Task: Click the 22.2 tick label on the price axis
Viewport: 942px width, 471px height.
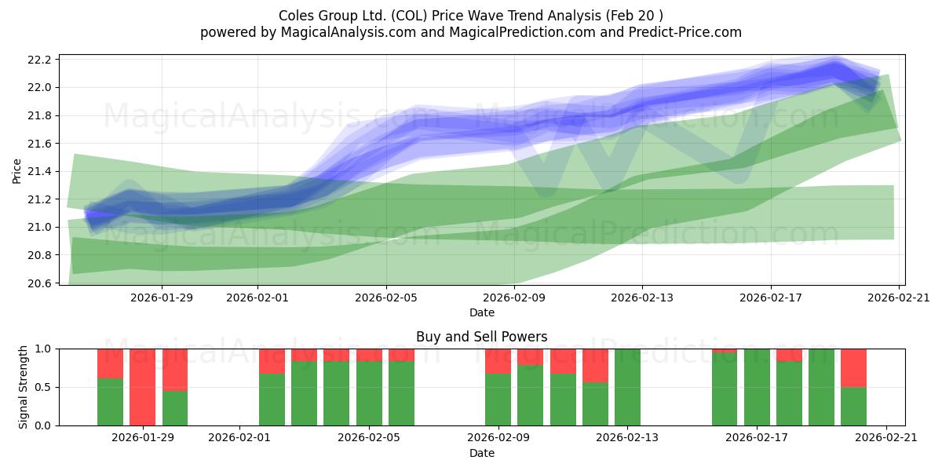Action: coord(39,60)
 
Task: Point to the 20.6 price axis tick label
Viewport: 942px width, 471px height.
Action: coord(39,283)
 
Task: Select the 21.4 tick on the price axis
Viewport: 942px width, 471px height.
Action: coord(39,172)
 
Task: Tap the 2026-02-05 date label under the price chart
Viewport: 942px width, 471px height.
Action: coord(386,298)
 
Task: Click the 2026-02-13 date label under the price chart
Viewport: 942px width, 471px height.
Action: coord(642,298)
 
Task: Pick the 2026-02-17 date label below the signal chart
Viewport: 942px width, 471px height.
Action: coord(757,437)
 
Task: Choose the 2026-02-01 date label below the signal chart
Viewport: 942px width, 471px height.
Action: coord(239,437)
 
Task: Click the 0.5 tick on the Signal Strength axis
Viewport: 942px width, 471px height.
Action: coord(42,387)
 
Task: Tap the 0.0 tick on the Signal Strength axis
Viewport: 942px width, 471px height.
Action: coord(42,425)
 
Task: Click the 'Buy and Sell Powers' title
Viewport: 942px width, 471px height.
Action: coord(481,337)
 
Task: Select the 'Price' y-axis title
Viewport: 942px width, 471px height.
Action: coord(16,171)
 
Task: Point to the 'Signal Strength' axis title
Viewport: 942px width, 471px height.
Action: coord(23,387)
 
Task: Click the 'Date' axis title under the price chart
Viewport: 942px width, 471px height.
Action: coord(482,312)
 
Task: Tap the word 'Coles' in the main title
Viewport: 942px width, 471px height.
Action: coord(296,16)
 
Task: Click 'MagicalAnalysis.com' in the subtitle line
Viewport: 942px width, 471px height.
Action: coord(349,32)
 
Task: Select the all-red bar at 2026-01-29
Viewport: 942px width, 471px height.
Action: coord(142,387)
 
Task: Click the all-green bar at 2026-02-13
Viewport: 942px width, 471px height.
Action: coord(627,387)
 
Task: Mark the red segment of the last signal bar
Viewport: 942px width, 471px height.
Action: coord(854,368)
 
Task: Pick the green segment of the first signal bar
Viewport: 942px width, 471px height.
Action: coord(110,402)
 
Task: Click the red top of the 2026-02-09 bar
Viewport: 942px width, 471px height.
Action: coord(498,361)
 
